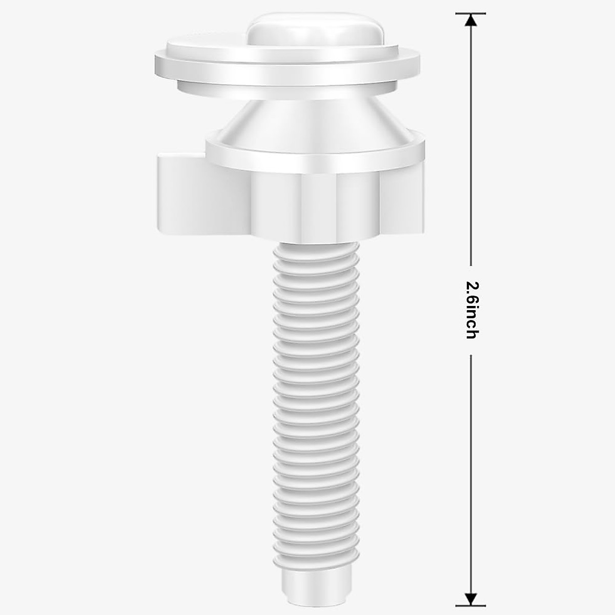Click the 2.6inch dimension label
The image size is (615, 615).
coord(471,310)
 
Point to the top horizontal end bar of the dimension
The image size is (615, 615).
coord(470,13)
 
